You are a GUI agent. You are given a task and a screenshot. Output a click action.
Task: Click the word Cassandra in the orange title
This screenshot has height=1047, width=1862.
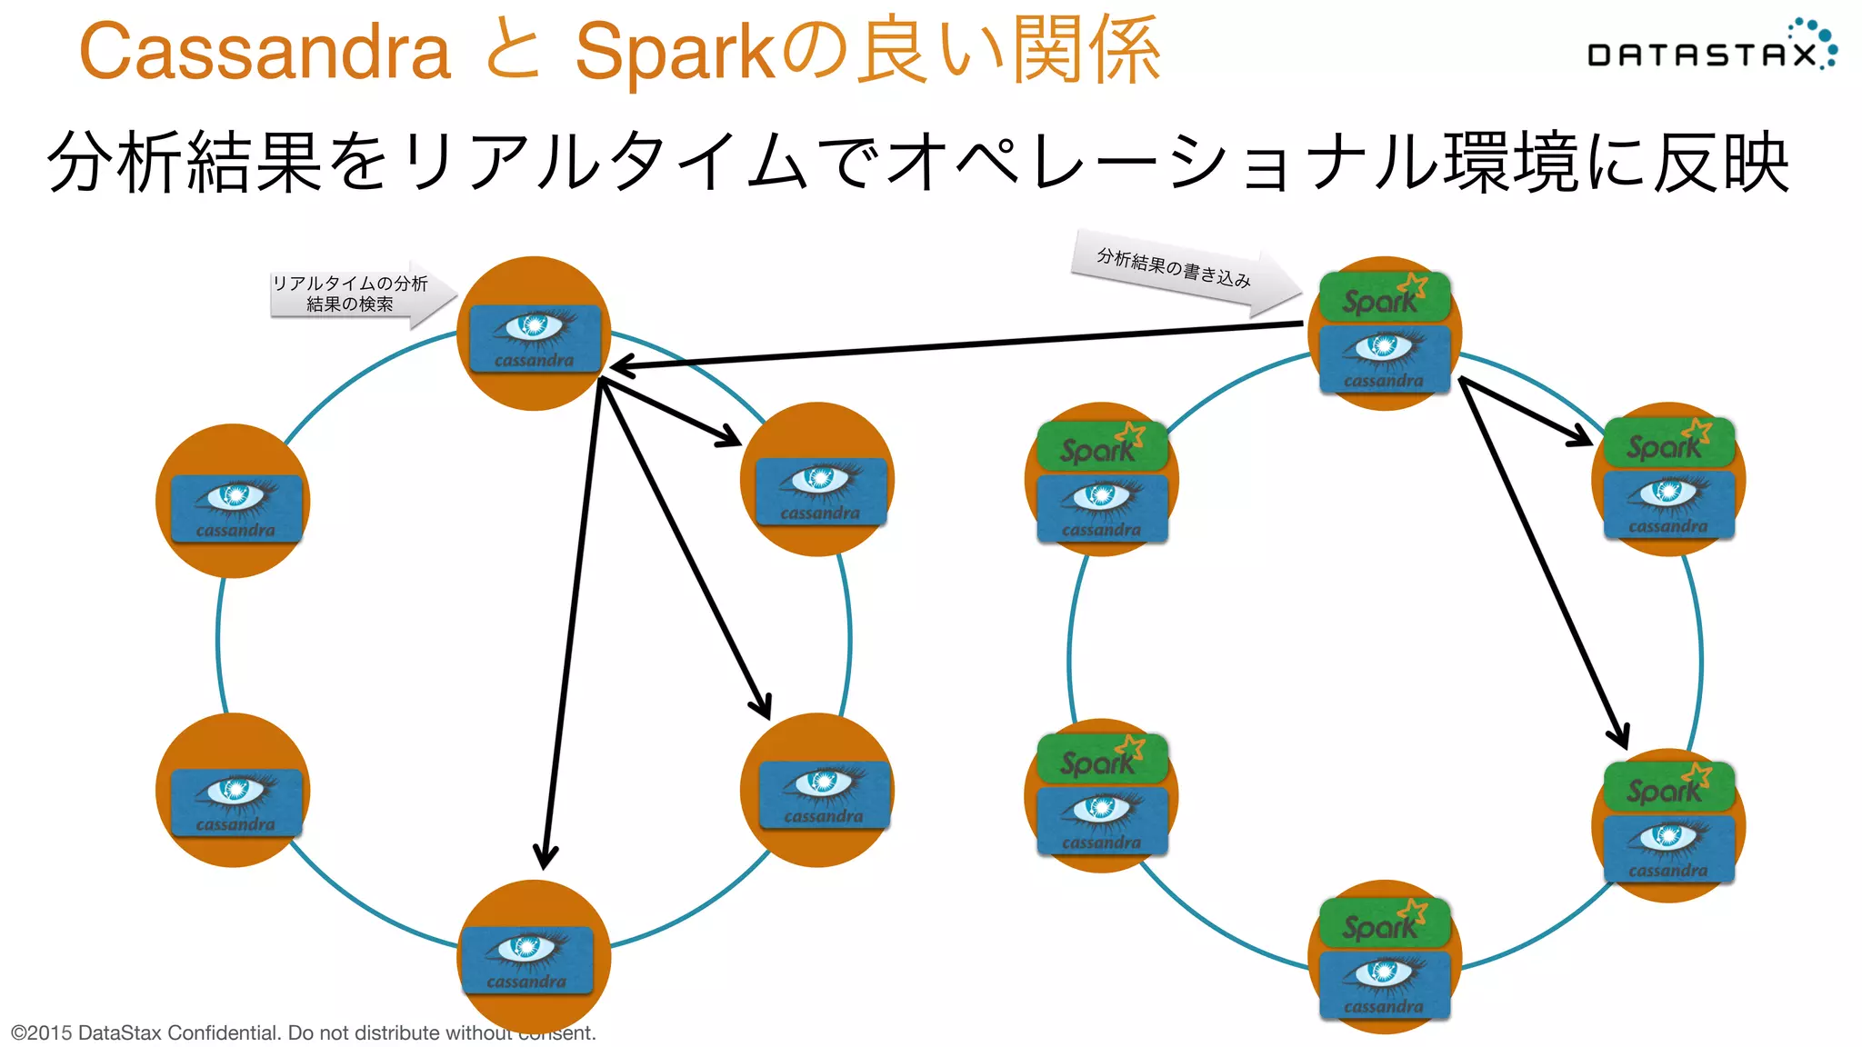[265, 52]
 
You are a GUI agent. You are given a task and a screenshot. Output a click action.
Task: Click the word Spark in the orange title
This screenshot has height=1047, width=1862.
[674, 52]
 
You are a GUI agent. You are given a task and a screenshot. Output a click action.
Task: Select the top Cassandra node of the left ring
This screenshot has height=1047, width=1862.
[535, 334]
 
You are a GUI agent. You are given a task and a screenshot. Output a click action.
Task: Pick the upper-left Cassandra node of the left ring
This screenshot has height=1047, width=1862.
[233, 502]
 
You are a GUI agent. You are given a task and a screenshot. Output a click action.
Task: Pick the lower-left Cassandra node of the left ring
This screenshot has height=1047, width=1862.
[233, 791]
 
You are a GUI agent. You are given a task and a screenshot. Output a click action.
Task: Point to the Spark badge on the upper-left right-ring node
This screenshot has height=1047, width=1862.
[1101, 445]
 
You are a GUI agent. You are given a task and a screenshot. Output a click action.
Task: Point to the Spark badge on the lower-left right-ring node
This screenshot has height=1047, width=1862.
[1101, 759]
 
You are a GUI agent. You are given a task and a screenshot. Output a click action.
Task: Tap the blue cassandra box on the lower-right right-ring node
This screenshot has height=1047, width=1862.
[1668, 848]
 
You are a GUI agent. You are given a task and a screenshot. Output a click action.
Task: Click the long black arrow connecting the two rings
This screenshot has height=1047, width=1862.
[955, 345]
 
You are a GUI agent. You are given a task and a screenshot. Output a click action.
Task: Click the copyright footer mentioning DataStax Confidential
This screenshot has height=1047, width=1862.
[303, 1032]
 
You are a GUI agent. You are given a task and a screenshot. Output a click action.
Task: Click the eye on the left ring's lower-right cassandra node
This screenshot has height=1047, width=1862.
[824, 783]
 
